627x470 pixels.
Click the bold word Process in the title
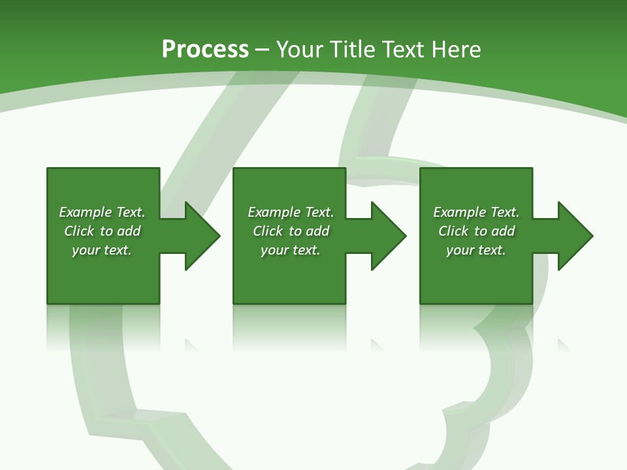(205, 50)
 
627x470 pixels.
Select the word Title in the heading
(353, 50)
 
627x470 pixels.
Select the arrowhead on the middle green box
(388, 236)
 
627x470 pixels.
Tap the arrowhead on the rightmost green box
(575, 236)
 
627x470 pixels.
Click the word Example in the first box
(86, 212)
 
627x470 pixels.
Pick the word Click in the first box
(79, 231)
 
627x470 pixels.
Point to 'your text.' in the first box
(102, 250)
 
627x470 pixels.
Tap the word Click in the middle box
(268, 231)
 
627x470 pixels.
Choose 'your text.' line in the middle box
(291, 250)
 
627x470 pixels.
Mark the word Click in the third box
(453, 231)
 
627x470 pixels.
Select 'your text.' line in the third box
(476, 250)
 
